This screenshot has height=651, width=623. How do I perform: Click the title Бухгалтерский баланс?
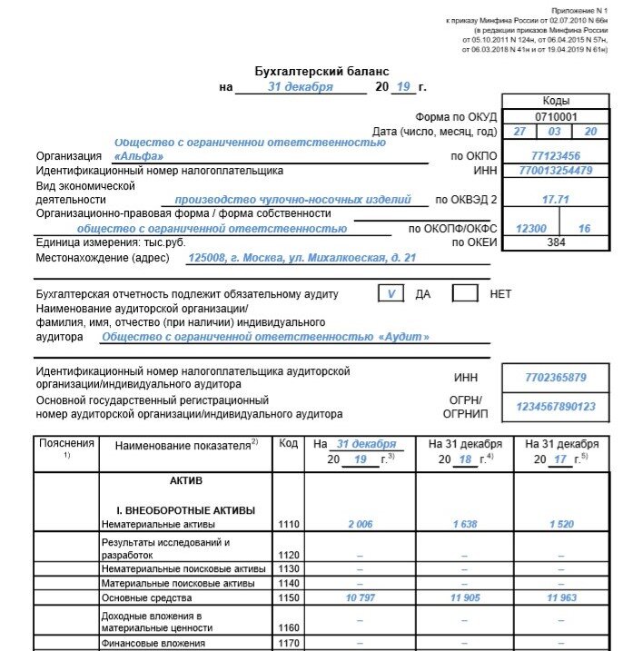pyautogui.click(x=321, y=70)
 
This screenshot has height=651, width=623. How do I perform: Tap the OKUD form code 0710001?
pyautogui.click(x=556, y=116)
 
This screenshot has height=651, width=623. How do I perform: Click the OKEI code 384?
pyautogui.click(x=556, y=242)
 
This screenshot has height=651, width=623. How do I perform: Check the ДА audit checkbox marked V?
pyautogui.click(x=391, y=293)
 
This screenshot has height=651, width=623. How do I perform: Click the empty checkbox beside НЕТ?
pyautogui.click(x=465, y=293)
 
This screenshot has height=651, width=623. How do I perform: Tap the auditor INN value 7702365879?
pyautogui.click(x=555, y=377)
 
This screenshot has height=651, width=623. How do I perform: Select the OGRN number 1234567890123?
pyautogui.click(x=555, y=406)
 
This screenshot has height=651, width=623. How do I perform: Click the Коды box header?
pyautogui.click(x=556, y=101)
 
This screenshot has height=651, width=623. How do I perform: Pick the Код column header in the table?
pyautogui.click(x=288, y=443)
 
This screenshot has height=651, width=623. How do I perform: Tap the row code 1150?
pyautogui.click(x=289, y=598)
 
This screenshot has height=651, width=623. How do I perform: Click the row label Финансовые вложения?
pyautogui.click(x=153, y=643)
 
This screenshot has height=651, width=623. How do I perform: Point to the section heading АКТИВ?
pyautogui.click(x=186, y=480)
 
